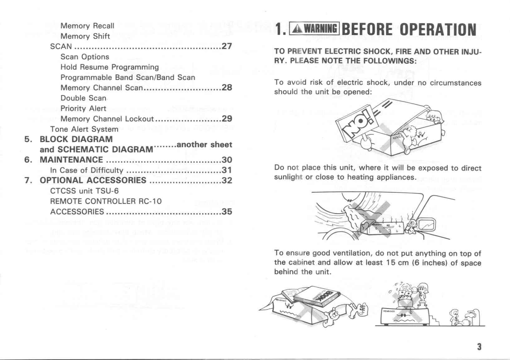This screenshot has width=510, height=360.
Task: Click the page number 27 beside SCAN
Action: tap(227, 46)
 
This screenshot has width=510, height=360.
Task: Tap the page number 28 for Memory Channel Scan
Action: tap(227, 88)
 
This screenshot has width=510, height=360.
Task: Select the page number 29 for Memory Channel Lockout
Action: tap(227, 119)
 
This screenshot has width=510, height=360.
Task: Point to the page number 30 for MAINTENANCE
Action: tap(227, 160)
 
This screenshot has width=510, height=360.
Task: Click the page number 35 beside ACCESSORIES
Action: tap(227, 212)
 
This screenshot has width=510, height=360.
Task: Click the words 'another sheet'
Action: tap(204, 145)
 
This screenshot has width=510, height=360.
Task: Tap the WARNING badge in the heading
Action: tap(314, 29)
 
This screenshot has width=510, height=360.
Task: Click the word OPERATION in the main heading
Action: tap(438, 30)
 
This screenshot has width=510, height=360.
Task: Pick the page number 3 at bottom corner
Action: tap(479, 347)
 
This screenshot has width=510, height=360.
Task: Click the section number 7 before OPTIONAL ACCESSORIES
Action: tap(28, 180)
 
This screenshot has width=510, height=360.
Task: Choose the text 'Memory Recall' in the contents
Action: tap(87, 26)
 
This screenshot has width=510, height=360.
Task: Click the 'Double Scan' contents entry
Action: tap(83, 98)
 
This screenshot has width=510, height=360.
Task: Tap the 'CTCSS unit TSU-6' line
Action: tap(84, 191)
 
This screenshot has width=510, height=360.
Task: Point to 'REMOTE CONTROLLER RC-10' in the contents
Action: tap(106, 201)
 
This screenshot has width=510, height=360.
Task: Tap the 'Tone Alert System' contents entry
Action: tap(84, 129)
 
